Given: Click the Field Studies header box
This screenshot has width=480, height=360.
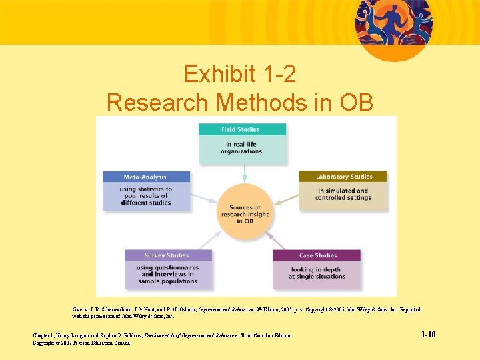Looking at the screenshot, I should click(243, 129).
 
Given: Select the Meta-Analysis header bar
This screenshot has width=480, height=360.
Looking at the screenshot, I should click(146, 177).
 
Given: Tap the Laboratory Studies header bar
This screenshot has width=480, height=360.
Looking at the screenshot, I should click(342, 177).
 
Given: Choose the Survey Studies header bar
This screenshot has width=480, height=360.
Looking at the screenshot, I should click(168, 255).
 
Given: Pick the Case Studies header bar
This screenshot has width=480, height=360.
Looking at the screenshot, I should click(317, 255).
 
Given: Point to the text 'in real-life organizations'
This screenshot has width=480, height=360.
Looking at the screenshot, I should click(242, 148).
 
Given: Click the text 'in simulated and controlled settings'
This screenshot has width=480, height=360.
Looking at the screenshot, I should click(342, 194).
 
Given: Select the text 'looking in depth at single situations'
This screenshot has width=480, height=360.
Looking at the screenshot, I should click(317, 273).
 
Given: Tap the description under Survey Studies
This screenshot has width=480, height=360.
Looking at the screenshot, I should click(168, 274).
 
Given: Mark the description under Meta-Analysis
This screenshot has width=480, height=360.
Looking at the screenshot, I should click(146, 196).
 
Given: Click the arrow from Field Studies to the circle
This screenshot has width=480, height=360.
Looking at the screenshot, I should click(245, 173).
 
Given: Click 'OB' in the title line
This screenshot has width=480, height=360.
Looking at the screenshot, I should click(357, 102).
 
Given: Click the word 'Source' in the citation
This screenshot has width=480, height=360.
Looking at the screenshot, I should click(79, 310).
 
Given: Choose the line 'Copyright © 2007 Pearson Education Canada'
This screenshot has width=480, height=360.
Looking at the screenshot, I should click(82, 343).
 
